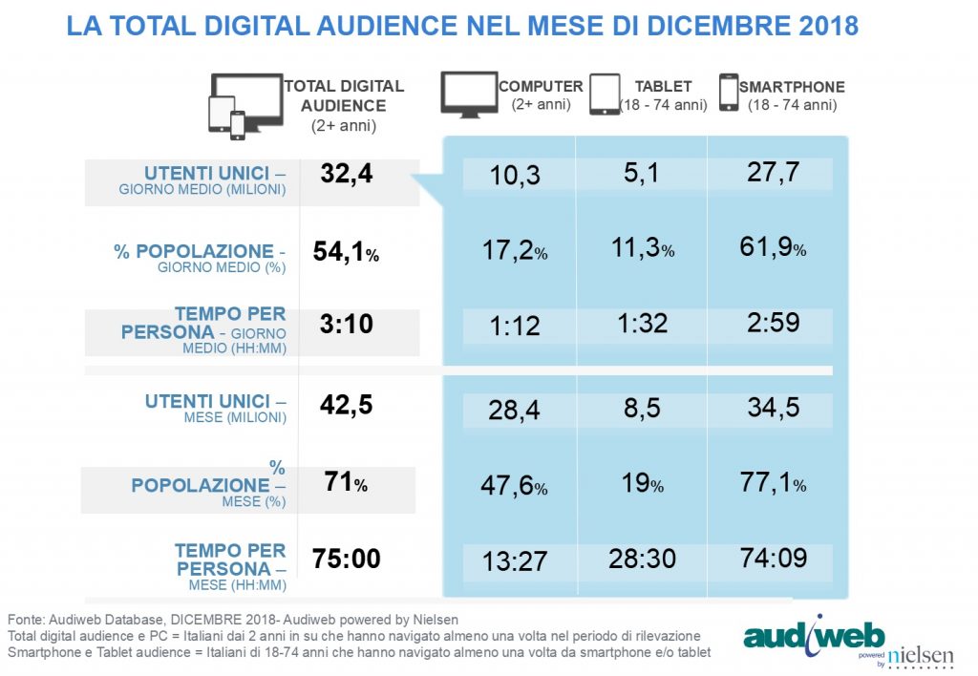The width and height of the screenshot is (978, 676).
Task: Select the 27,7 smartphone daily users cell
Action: [769, 173]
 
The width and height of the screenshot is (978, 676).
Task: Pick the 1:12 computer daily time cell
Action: [515, 325]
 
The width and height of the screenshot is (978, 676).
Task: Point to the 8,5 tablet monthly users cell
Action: [642, 409]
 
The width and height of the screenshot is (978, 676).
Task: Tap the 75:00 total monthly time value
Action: [347, 559]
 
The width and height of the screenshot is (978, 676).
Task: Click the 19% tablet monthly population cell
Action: [642, 484]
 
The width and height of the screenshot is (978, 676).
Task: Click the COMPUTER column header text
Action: [541, 87]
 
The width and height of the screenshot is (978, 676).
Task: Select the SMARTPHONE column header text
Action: [792, 87]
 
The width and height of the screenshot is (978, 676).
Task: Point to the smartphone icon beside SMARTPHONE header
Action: [729, 94]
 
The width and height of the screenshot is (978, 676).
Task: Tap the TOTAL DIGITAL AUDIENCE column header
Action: [344, 95]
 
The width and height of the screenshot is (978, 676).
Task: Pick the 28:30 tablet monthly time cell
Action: [642, 559]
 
